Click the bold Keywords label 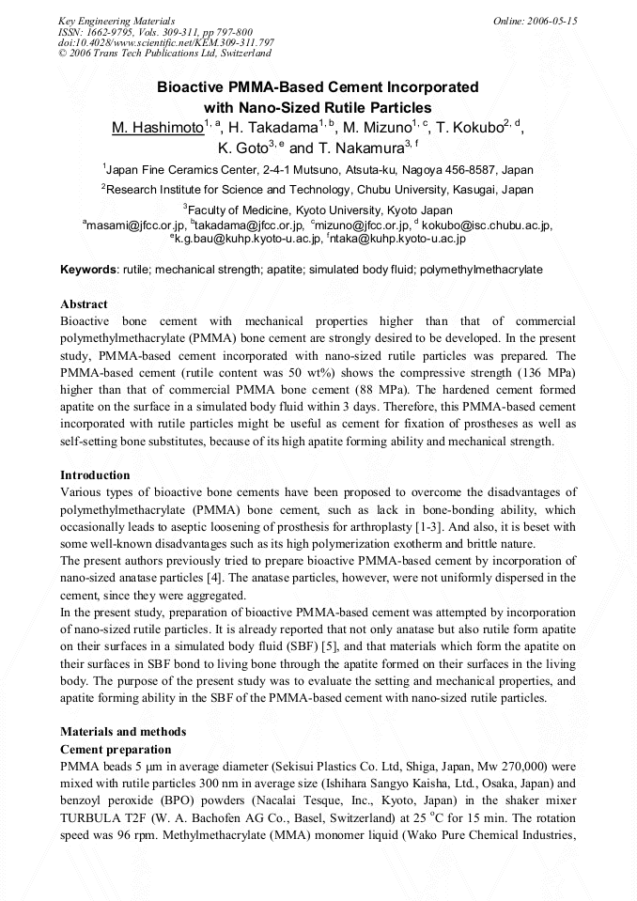88,270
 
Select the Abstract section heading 84,304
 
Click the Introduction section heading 95,475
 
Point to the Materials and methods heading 123,731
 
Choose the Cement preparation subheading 116,749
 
